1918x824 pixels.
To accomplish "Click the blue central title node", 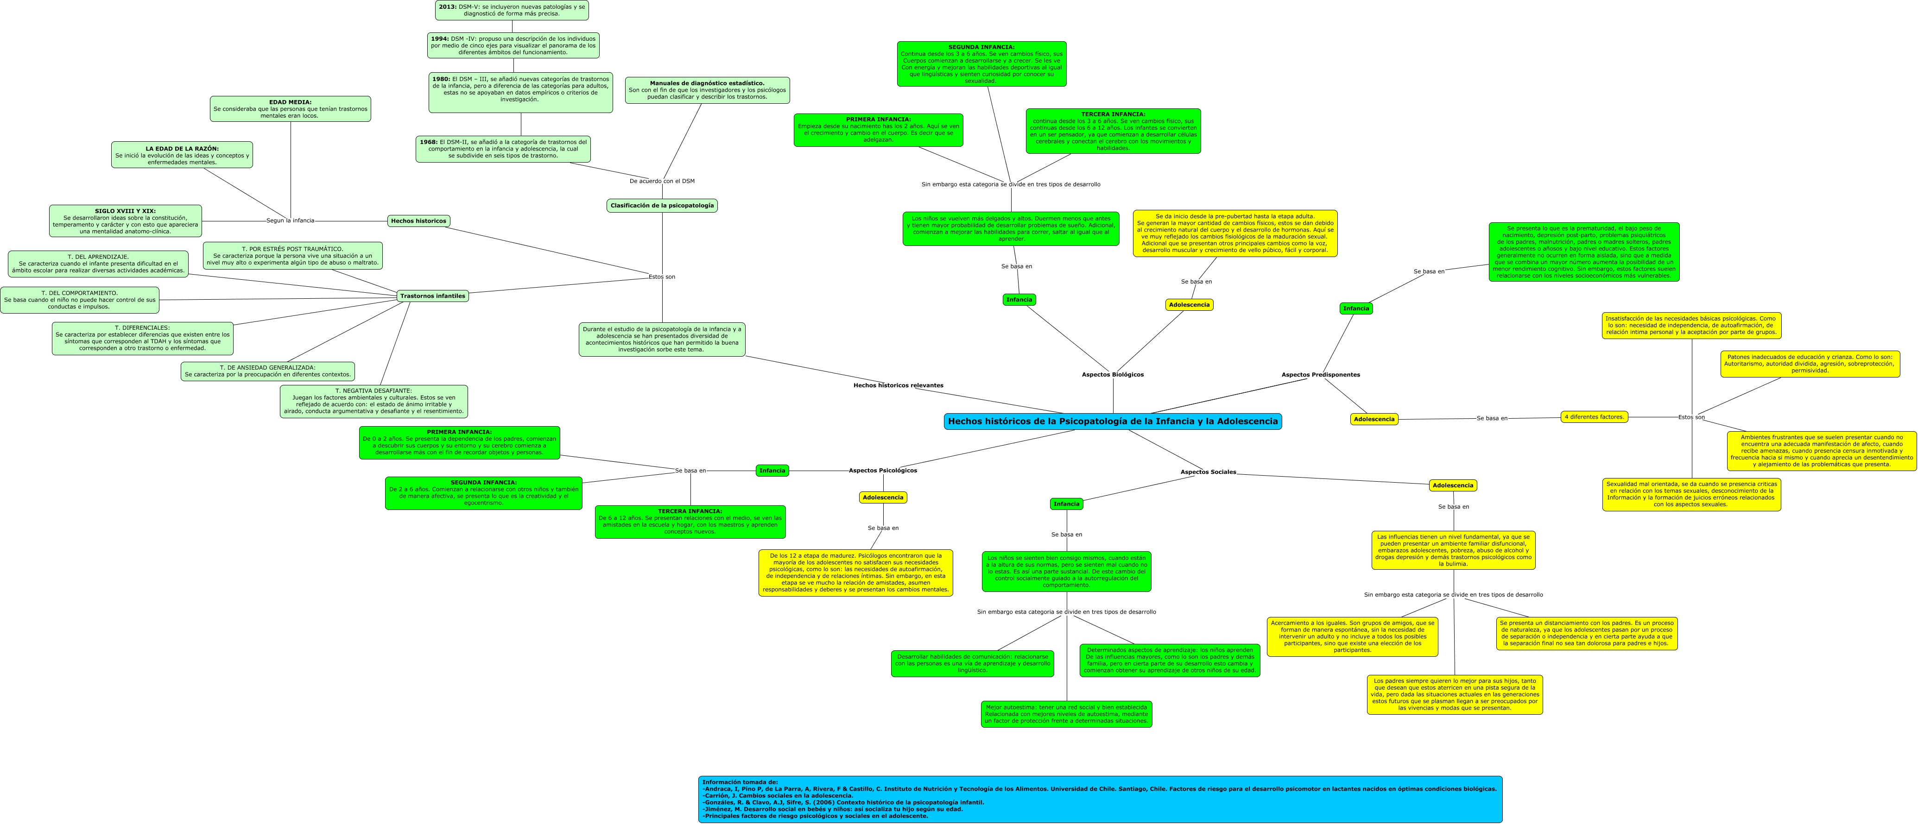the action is tap(1112, 421).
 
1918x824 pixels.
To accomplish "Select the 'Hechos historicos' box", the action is tap(418, 221).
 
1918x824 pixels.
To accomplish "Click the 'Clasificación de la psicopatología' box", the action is tap(662, 206).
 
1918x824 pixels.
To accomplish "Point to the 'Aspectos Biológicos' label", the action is tap(1112, 374).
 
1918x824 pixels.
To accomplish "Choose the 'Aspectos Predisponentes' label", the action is tap(1320, 374).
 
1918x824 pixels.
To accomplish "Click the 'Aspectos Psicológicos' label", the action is tap(883, 471).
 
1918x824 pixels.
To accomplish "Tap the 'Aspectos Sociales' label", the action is tap(1208, 472).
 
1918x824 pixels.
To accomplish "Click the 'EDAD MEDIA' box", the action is tap(291, 109).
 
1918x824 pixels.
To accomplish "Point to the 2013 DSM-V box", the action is tap(512, 10).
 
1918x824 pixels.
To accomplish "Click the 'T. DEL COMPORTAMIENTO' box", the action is tap(80, 300).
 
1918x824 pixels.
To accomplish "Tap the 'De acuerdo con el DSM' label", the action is tap(662, 181).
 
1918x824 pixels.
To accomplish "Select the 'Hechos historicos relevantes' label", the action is tap(898, 385).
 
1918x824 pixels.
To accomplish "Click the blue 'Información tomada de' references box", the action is tap(1100, 799).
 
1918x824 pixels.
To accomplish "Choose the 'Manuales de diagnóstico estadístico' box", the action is tap(707, 90).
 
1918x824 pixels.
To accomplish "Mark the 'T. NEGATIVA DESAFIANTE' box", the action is tap(374, 401).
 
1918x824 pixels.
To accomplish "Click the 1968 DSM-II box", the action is tap(503, 149).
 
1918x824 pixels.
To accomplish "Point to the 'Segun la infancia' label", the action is tap(291, 220).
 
